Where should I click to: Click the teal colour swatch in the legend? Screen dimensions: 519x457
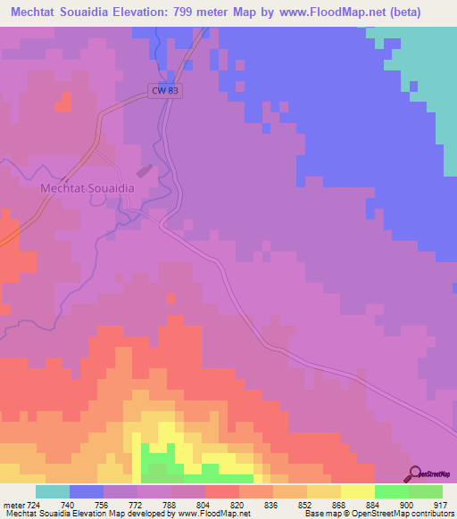point(53,491)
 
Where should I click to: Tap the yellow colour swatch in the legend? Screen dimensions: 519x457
point(357,491)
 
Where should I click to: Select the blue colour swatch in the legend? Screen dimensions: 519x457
point(87,491)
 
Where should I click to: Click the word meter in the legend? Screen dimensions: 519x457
point(12,506)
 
